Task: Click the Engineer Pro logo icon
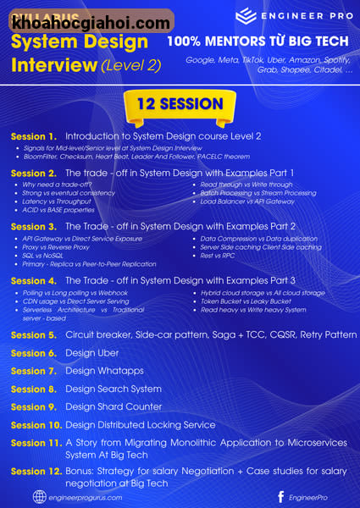tap(246, 16)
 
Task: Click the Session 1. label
tap(34, 136)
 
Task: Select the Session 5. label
tap(34, 335)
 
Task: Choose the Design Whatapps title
tap(104, 371)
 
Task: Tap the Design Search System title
tap(113, 389)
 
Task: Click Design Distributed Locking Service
tap(140, 425)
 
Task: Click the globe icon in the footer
tap(39, 497)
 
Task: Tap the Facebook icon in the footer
tap(280, 497)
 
